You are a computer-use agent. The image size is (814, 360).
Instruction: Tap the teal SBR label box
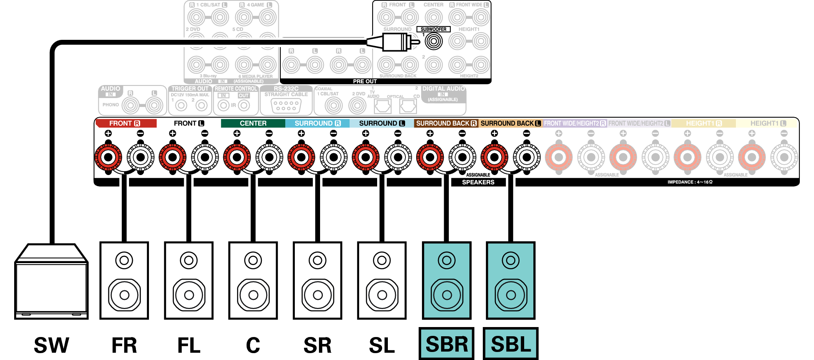pos(446,344)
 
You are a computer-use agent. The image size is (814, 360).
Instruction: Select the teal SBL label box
pos(511,344)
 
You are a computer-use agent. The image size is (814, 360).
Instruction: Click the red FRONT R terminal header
pos(126,123)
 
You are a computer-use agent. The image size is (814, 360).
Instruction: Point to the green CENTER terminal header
pos(253,123)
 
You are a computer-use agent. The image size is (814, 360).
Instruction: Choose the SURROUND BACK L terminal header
pos(510,123)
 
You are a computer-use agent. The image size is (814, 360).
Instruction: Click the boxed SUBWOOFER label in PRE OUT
pos(433,29)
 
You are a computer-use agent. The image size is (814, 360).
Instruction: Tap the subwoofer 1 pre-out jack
pos(433,41)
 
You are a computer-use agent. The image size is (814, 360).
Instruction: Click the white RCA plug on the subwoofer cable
pos(394,42)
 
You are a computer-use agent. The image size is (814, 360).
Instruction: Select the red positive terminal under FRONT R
pos(108,157)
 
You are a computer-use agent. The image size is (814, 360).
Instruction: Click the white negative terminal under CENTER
pos(269,157)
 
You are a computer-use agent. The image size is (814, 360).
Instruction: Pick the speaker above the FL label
pos(189,280)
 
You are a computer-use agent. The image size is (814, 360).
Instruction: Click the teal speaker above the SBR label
pos(446,280)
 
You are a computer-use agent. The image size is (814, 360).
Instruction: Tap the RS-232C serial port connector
pos(286,106)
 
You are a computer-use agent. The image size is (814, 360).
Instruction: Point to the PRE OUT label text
pos(365,81)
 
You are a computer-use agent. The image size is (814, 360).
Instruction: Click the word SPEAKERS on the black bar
pos(478,182)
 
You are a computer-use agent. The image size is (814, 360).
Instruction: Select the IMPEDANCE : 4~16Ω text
pos(690,182)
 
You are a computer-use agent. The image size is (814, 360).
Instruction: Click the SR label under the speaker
pos(317,345)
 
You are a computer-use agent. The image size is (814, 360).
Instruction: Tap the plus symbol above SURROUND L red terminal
pos(366,133)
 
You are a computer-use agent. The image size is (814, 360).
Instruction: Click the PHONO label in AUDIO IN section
pos(111,105)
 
